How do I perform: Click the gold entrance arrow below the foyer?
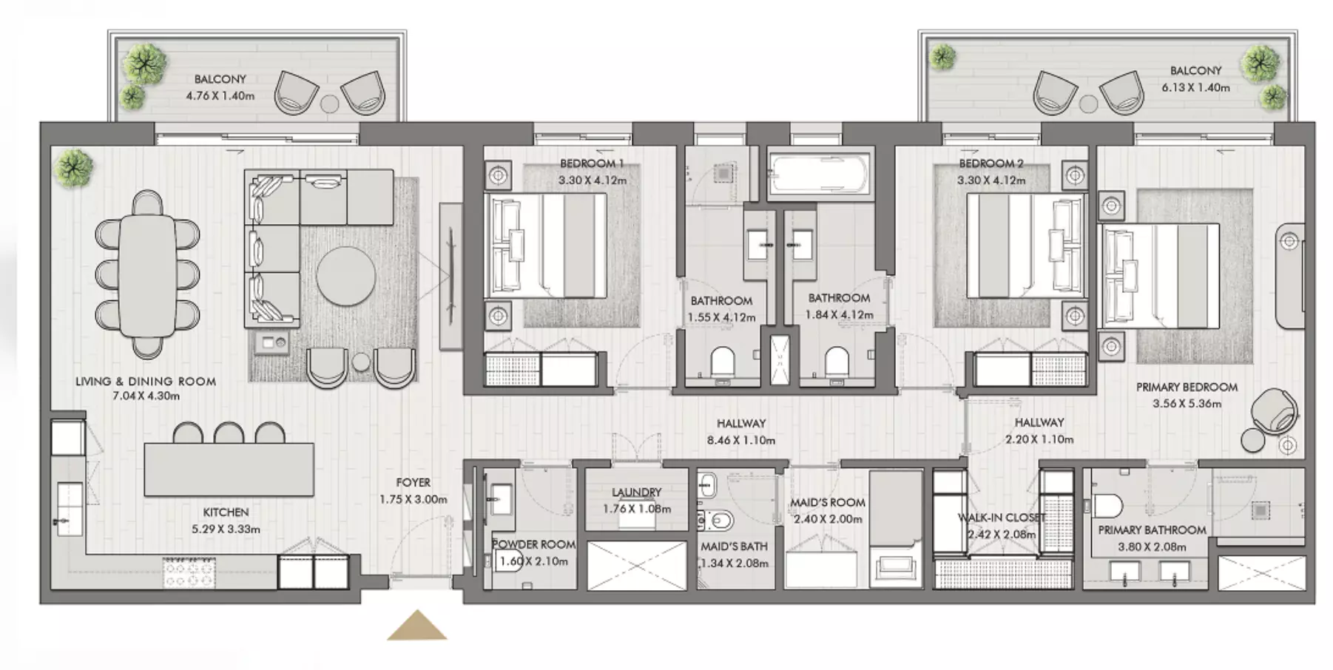[x=417, y=625]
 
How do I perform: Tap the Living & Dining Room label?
[x=146, y=382]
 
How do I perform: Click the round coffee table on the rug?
[x=345, y=275]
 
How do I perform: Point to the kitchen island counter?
[x=229, y=470]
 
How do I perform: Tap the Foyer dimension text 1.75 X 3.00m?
[x=413, y=499]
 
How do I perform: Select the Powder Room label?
[x=534, y=544]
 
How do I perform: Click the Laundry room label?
[x=636, y=493]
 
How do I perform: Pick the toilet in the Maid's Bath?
[x=717, y=520]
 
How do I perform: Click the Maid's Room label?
[x=827, y=503]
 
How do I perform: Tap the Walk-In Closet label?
[x=1002, y=518]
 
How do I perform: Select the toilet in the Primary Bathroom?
[x=1108, y=505]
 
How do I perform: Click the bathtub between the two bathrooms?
[x=818, y=175]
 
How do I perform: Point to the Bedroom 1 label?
[x=592, y=163]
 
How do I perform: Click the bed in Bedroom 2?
[x=1025, y=246]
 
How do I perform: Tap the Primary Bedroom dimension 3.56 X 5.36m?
[x=1187, y=404]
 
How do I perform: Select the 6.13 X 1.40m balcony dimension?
[x=1195, y=87]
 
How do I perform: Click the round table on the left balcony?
[x=329, y=104]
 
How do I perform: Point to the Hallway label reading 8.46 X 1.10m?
[x=740, y=441]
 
